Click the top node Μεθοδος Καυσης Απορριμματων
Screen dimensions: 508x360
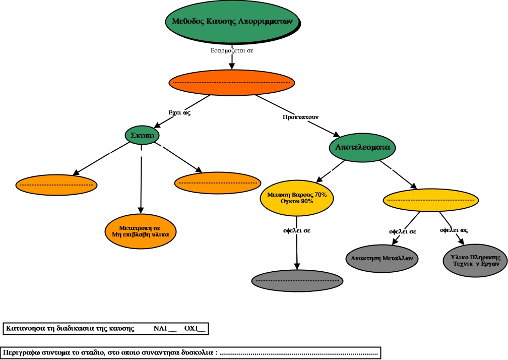(233, 22)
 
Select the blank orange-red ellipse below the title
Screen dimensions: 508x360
(232, 83)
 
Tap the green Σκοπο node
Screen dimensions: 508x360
(142, 135)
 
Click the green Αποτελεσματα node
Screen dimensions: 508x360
(362, 147)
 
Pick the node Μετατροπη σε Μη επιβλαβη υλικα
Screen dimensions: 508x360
(140, 231)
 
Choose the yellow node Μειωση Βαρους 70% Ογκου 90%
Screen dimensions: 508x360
(297, 198)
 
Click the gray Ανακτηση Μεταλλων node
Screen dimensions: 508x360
(382, 259)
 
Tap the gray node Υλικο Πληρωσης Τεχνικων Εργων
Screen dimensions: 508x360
(475, 261)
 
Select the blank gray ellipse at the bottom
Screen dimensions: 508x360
(297, 281)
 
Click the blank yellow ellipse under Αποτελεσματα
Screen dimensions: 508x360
(431, 200)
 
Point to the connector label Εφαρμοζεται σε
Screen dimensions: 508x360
(232, 50)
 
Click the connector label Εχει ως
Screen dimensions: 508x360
(179, 112)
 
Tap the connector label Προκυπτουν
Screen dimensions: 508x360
(301, 117)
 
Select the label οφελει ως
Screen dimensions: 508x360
(454, 230)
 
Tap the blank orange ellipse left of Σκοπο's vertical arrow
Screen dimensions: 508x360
(56, 185)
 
